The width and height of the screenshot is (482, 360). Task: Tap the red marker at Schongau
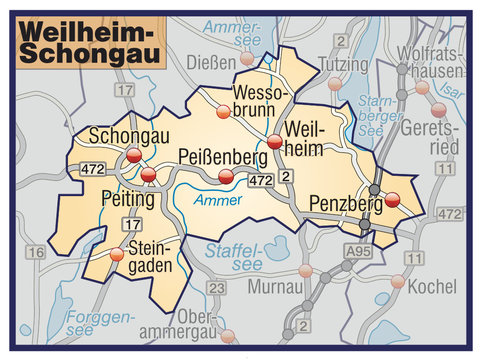click(134, 155)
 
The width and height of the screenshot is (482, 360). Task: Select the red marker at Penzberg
click(392, 199)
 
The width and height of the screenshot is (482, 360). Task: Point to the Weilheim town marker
click(275, 142)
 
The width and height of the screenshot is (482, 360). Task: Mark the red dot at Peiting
click(148, 175)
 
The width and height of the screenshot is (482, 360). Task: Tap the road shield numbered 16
click(35, 253)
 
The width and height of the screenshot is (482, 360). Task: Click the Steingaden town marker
click(118, 254)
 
